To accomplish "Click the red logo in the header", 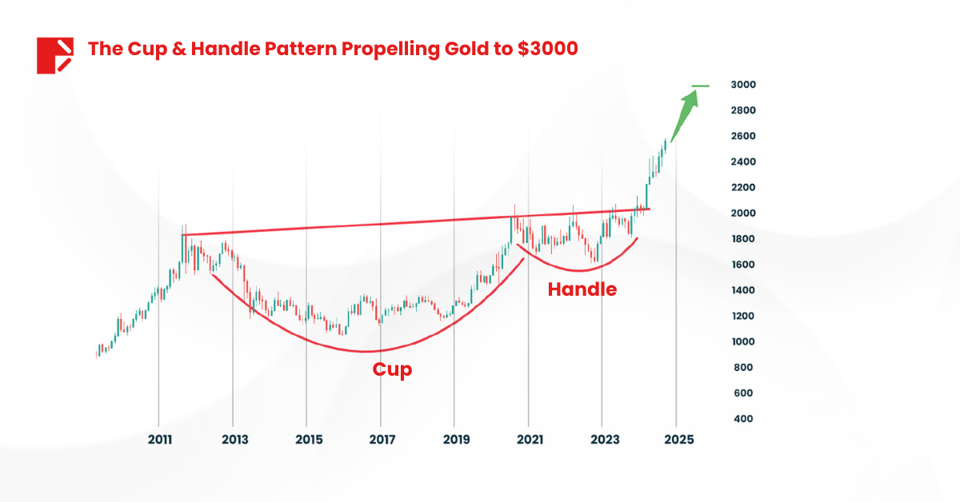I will (54, 55).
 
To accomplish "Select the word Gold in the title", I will (464, 49).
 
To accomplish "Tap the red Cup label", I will (392, 370).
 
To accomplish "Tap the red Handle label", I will (582, 289).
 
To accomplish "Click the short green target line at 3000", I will (701, 86).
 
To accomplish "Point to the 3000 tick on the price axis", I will (743, 85).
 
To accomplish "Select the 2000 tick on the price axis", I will (743, 213).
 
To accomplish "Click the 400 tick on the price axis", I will (743, 419).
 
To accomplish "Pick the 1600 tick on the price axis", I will (743, 265).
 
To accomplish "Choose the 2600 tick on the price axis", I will (743, 136).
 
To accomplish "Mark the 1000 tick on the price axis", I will (743, 342).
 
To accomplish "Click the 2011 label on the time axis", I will (160, 440).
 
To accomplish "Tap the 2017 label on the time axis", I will (382, 440).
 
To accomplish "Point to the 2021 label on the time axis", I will (530, 440).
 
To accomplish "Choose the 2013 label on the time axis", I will (234, 440).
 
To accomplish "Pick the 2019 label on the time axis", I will (455, 440).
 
